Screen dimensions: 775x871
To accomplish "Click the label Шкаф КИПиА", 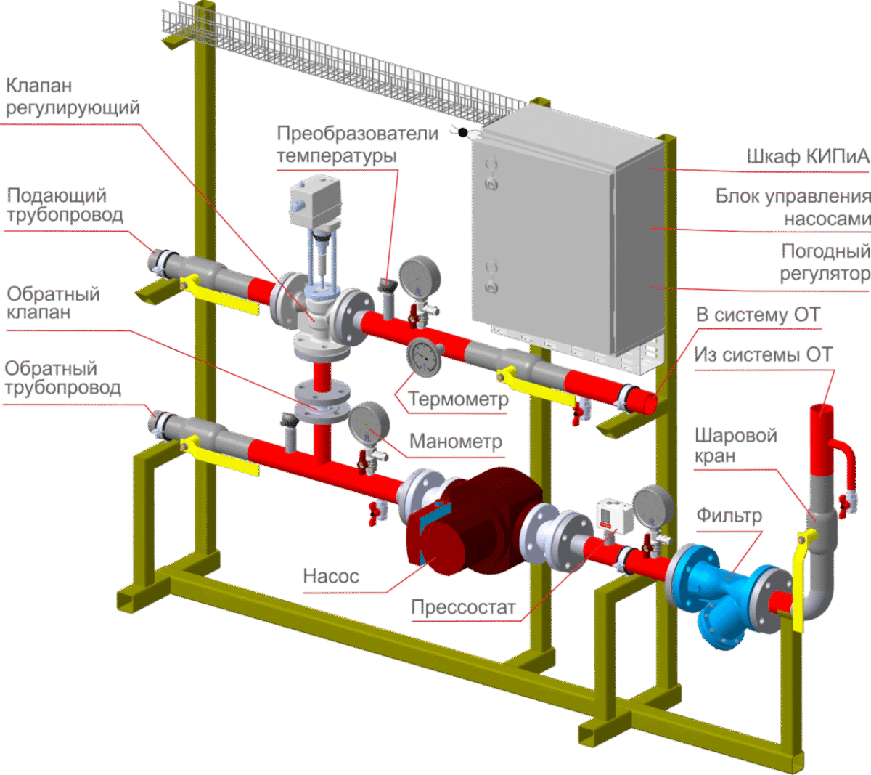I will [x=807, y=156].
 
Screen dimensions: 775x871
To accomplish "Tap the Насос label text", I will [x=331, y=577].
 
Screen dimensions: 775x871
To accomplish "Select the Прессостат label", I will [x=463, y=607].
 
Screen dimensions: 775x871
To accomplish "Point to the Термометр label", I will [x=458, y=399].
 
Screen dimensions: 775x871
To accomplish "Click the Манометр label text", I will [x=455, y=442].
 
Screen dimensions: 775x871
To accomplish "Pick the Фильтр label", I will [x=729, y=516].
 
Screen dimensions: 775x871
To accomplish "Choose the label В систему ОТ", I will [x=758, y=315].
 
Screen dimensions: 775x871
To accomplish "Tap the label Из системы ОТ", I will [x=762, y=355].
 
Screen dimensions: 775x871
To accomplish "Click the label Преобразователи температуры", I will [x=357, y=145].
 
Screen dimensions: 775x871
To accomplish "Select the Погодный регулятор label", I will [x=825, y=262].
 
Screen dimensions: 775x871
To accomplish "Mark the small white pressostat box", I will [x=606, y=514].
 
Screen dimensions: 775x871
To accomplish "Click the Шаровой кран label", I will [x=735, y=445].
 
